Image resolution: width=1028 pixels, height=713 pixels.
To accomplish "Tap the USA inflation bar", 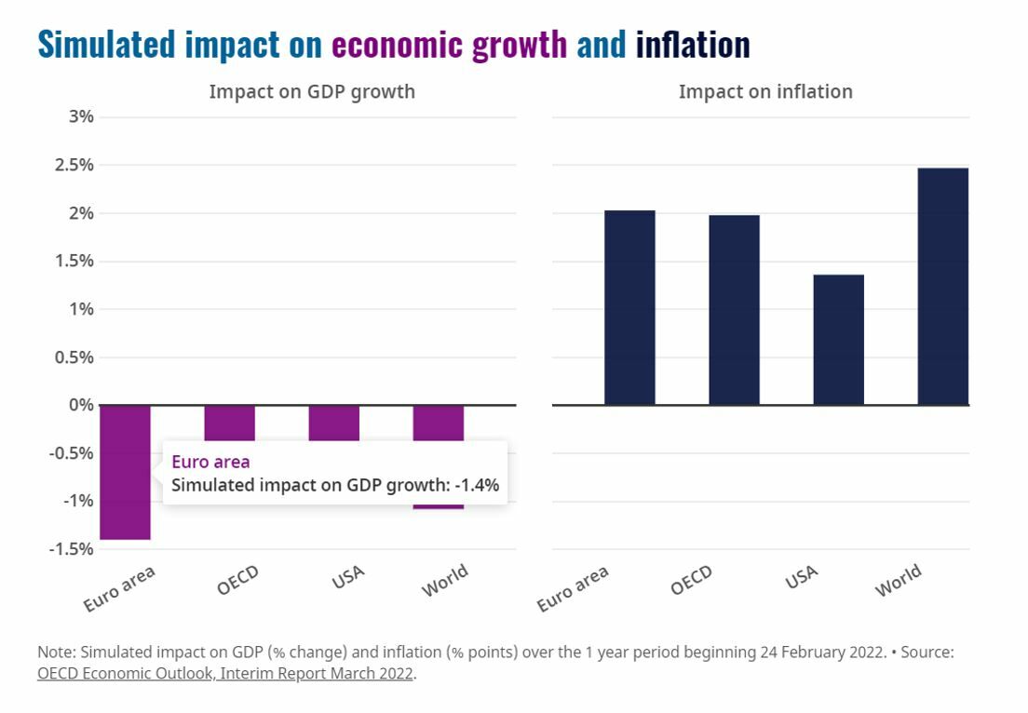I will point(838,339).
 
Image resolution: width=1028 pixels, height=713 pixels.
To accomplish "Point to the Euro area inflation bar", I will point(629,307).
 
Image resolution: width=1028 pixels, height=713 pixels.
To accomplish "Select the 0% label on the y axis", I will point(81,405).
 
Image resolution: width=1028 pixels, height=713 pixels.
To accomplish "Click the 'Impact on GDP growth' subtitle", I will point(312,91).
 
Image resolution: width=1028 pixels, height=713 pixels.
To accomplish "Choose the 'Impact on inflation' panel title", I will point(765,91).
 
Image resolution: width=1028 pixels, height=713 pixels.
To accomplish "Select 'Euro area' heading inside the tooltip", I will point(210,461).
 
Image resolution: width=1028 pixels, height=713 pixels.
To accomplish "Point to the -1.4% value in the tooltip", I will point(480,484).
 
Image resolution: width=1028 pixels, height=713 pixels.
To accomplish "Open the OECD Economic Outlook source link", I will point(224,674).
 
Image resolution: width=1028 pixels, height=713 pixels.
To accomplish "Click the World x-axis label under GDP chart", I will point(445,582).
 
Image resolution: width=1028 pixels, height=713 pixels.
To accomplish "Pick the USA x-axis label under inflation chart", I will point(802,578).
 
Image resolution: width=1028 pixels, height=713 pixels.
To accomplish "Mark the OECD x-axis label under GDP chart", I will point(237,582).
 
